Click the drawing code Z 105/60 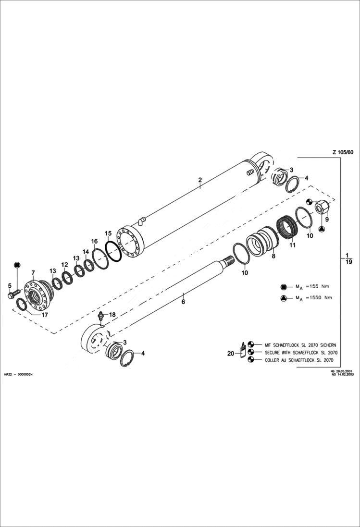click(x=342, y=152)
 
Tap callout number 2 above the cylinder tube click(x=200, y=180)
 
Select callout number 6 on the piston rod click(x=183, y=302)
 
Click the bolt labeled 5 click(x=12, y=294)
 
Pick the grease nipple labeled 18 click(x=101, y=316)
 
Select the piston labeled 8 click(x=262, y=240)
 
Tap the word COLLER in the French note click(x=272, y=359)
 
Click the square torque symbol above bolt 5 click(x=17, y=265)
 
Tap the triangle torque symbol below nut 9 click(x=321, y=230)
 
